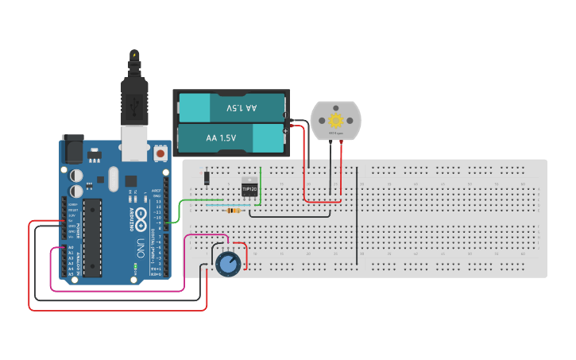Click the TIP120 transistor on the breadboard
(x=249, y=188)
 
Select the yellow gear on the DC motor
(x=335, y=121)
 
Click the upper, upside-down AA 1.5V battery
(x=231, y=107)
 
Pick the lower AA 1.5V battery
(x=231, y=138)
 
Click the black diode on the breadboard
(x=207, y=177)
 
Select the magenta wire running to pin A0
(x=119, y=291)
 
